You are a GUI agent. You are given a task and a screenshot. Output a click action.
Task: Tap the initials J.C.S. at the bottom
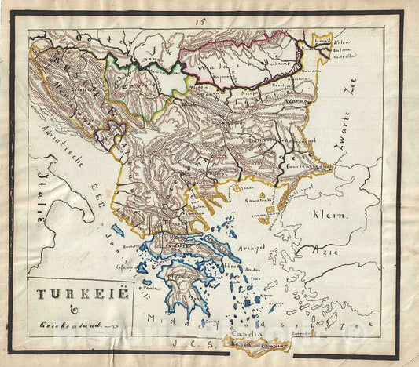click(x=206, y=341)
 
